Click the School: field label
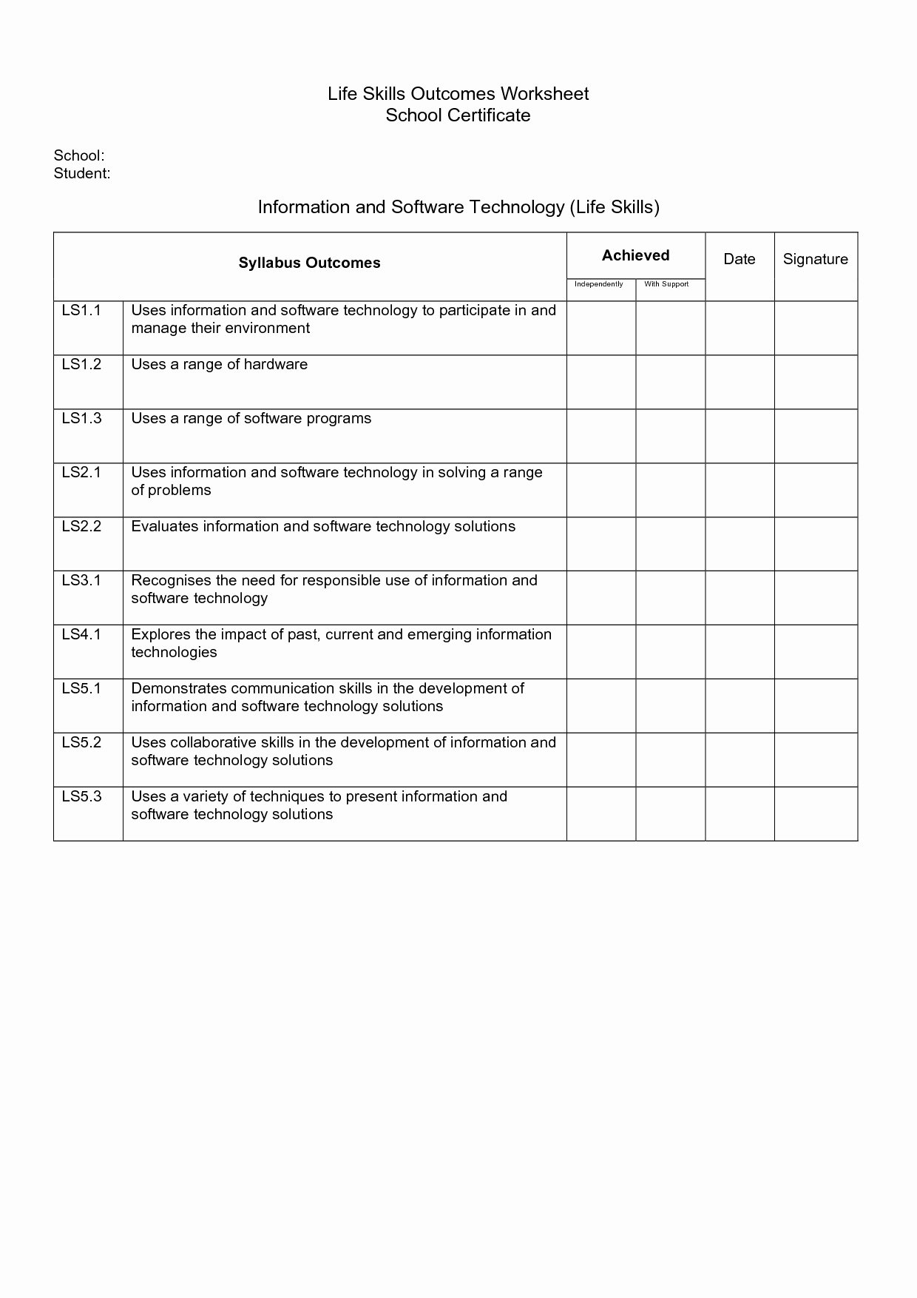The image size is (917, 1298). tap(78, 155)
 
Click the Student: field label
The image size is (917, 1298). tap(82, 173)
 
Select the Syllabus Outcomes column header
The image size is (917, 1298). tap(309, 263)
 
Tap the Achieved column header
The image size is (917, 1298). tap(635, 255)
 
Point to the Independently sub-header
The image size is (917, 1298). tap(599, 284)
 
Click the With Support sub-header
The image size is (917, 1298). tap(666, 284)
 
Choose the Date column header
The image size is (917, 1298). tap(740, 259)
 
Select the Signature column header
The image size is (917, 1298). tap(816, 259)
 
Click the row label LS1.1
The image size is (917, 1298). tap(81, 310)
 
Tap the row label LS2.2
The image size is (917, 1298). tap(81, 526)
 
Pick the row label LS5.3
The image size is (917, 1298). tap(81, 796)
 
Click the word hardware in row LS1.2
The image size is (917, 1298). tap(276, 364)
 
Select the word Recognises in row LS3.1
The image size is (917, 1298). tap(171, 580)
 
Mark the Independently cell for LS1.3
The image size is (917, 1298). tap(601, 437)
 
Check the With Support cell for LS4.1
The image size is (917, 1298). tap(671, 652)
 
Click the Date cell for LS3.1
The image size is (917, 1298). tap(740, 598)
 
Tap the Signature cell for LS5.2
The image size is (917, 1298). tap(816, 760)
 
